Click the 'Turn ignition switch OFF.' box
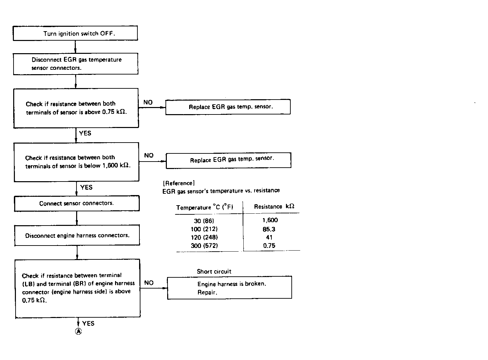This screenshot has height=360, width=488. [75, 34]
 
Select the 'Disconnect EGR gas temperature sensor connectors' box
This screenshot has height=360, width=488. [76, 64]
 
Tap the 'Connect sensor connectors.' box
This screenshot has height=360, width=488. [76, 204]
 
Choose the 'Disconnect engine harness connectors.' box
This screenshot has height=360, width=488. [77, 235]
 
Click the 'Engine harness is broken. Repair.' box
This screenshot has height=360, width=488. [229, 288]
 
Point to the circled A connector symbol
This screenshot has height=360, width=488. [78, 332]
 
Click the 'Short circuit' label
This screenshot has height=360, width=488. [214, 272]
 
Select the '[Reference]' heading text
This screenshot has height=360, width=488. [179, 183]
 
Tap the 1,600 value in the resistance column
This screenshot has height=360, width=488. [270, 220]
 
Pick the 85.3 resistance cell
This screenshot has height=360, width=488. [269, 229]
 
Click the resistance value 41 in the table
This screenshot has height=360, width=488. [269, 237]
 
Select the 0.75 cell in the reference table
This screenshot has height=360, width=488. [269, 246]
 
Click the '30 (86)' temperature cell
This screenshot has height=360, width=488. [204, 221]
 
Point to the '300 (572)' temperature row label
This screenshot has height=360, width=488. [204, 246]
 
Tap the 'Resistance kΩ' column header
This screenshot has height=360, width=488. [274, 207]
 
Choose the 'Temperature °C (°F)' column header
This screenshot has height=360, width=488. [204, 207]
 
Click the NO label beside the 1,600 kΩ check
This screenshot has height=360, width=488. [149, 155]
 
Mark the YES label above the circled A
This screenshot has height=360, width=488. [88, 323]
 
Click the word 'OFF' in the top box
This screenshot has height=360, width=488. [108, 34]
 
